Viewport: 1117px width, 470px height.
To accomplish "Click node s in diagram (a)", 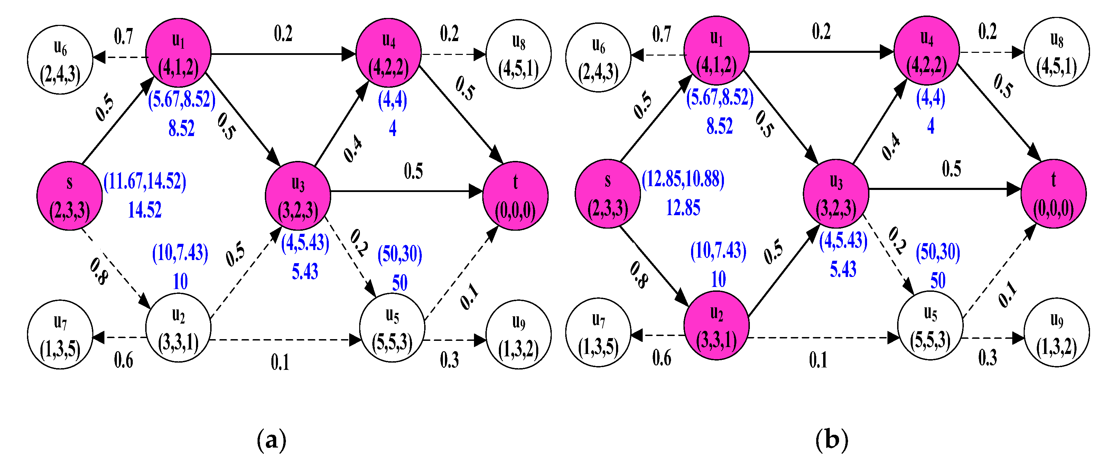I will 69,196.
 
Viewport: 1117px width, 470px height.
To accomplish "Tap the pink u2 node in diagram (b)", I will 716,326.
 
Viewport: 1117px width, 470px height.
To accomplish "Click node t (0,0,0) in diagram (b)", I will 1054,194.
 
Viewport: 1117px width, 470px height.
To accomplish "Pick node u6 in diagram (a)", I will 60,59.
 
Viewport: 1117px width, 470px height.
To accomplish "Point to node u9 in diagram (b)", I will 1057,332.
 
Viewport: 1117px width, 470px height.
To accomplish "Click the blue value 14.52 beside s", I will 145,210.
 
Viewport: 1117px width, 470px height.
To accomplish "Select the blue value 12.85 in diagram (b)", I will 683,208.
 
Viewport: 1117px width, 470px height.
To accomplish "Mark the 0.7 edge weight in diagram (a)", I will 123,36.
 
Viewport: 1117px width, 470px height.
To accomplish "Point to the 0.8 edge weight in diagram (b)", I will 639,275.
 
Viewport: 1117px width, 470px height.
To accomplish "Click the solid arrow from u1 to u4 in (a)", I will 282,54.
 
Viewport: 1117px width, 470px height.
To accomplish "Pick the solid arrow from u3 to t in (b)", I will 945,189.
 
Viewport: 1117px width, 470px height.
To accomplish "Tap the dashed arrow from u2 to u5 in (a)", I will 282,339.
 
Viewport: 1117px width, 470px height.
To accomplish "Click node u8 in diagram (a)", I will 519,54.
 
